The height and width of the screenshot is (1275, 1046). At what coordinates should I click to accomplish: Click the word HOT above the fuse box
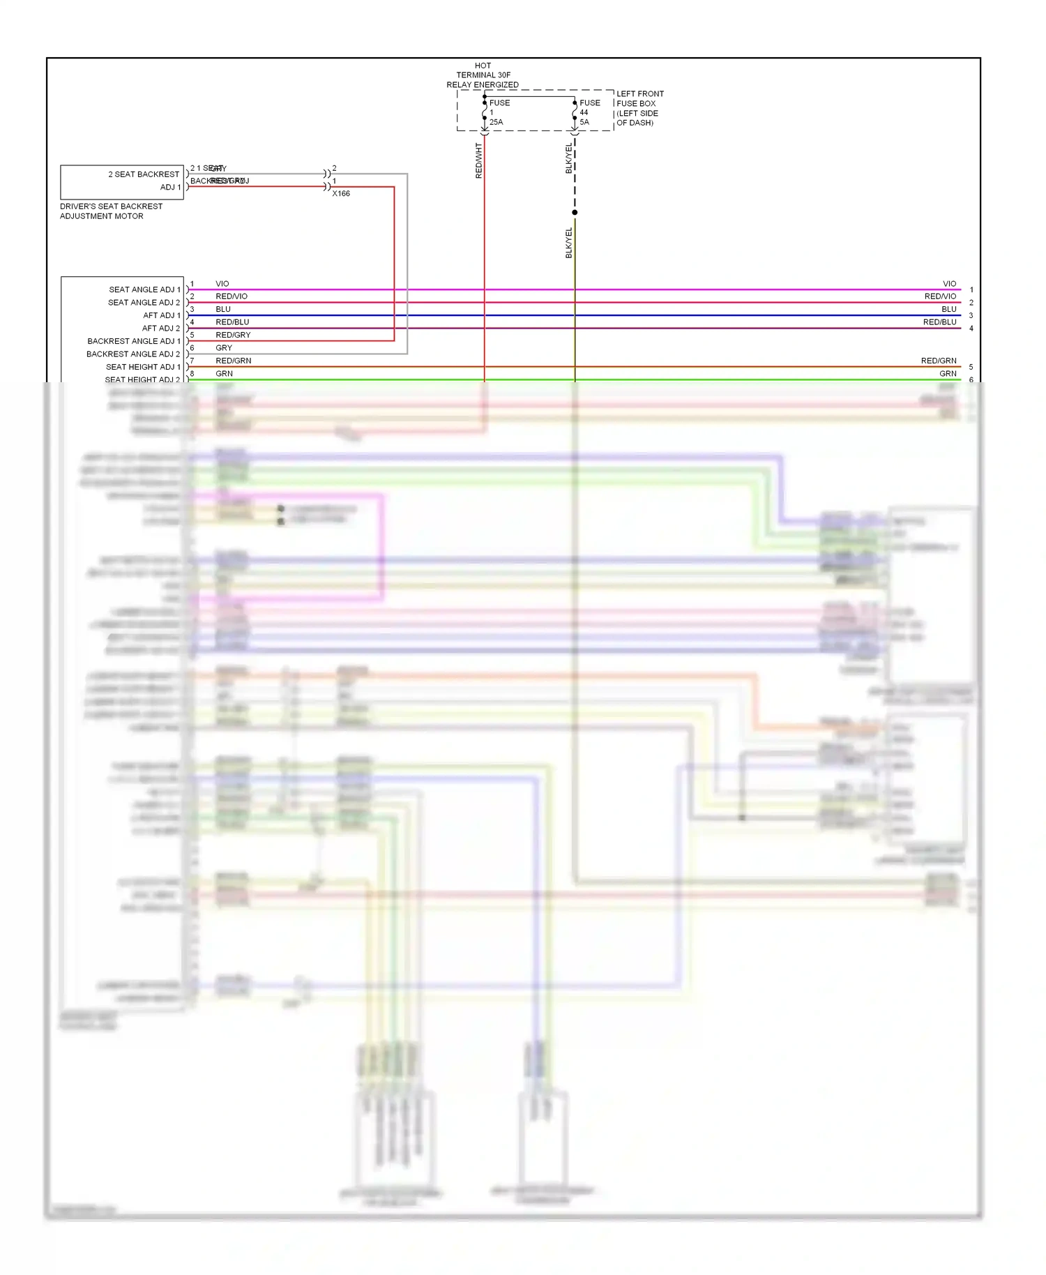[x=483, y=66]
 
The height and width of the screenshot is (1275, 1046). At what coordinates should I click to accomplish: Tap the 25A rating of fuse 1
[x=496, y=122]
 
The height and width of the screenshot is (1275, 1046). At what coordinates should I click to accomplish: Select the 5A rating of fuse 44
[x=584, y=122]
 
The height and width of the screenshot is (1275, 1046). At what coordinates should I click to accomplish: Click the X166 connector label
[x=341, y=193]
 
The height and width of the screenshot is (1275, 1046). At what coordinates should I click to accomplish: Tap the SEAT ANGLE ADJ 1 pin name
[x=144, y=289]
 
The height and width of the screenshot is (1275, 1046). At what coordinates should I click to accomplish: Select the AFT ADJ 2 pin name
[x=161, y=328]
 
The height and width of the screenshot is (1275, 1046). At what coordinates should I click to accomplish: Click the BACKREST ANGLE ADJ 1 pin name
[x=133, y=341]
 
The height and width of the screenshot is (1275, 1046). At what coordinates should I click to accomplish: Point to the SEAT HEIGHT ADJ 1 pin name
[x=143, y=367]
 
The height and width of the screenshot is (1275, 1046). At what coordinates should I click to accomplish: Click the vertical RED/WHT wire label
[x=479, y=160]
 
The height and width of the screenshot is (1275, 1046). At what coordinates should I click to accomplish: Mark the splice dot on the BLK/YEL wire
[x=575, y=212]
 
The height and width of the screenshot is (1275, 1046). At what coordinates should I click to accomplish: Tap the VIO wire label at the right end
[x=949, y=284]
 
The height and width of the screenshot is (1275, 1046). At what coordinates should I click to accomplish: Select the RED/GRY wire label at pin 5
[x=233, y=335]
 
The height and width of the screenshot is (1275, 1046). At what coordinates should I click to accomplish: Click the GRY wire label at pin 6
[x=224, y=347]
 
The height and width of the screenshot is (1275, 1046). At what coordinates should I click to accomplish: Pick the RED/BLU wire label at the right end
[x=939, y=322]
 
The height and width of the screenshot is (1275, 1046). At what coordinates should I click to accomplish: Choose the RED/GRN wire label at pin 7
[x=233, y=361]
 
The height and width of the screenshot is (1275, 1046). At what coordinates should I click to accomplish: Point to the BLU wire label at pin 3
[x=223, y=309]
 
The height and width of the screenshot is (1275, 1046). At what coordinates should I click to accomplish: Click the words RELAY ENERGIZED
[x=483, y=85]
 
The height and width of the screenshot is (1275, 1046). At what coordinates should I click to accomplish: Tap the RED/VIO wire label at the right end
[x=940, y=296]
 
